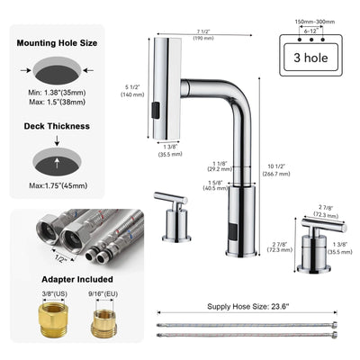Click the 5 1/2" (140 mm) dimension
131,90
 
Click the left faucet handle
172,216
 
